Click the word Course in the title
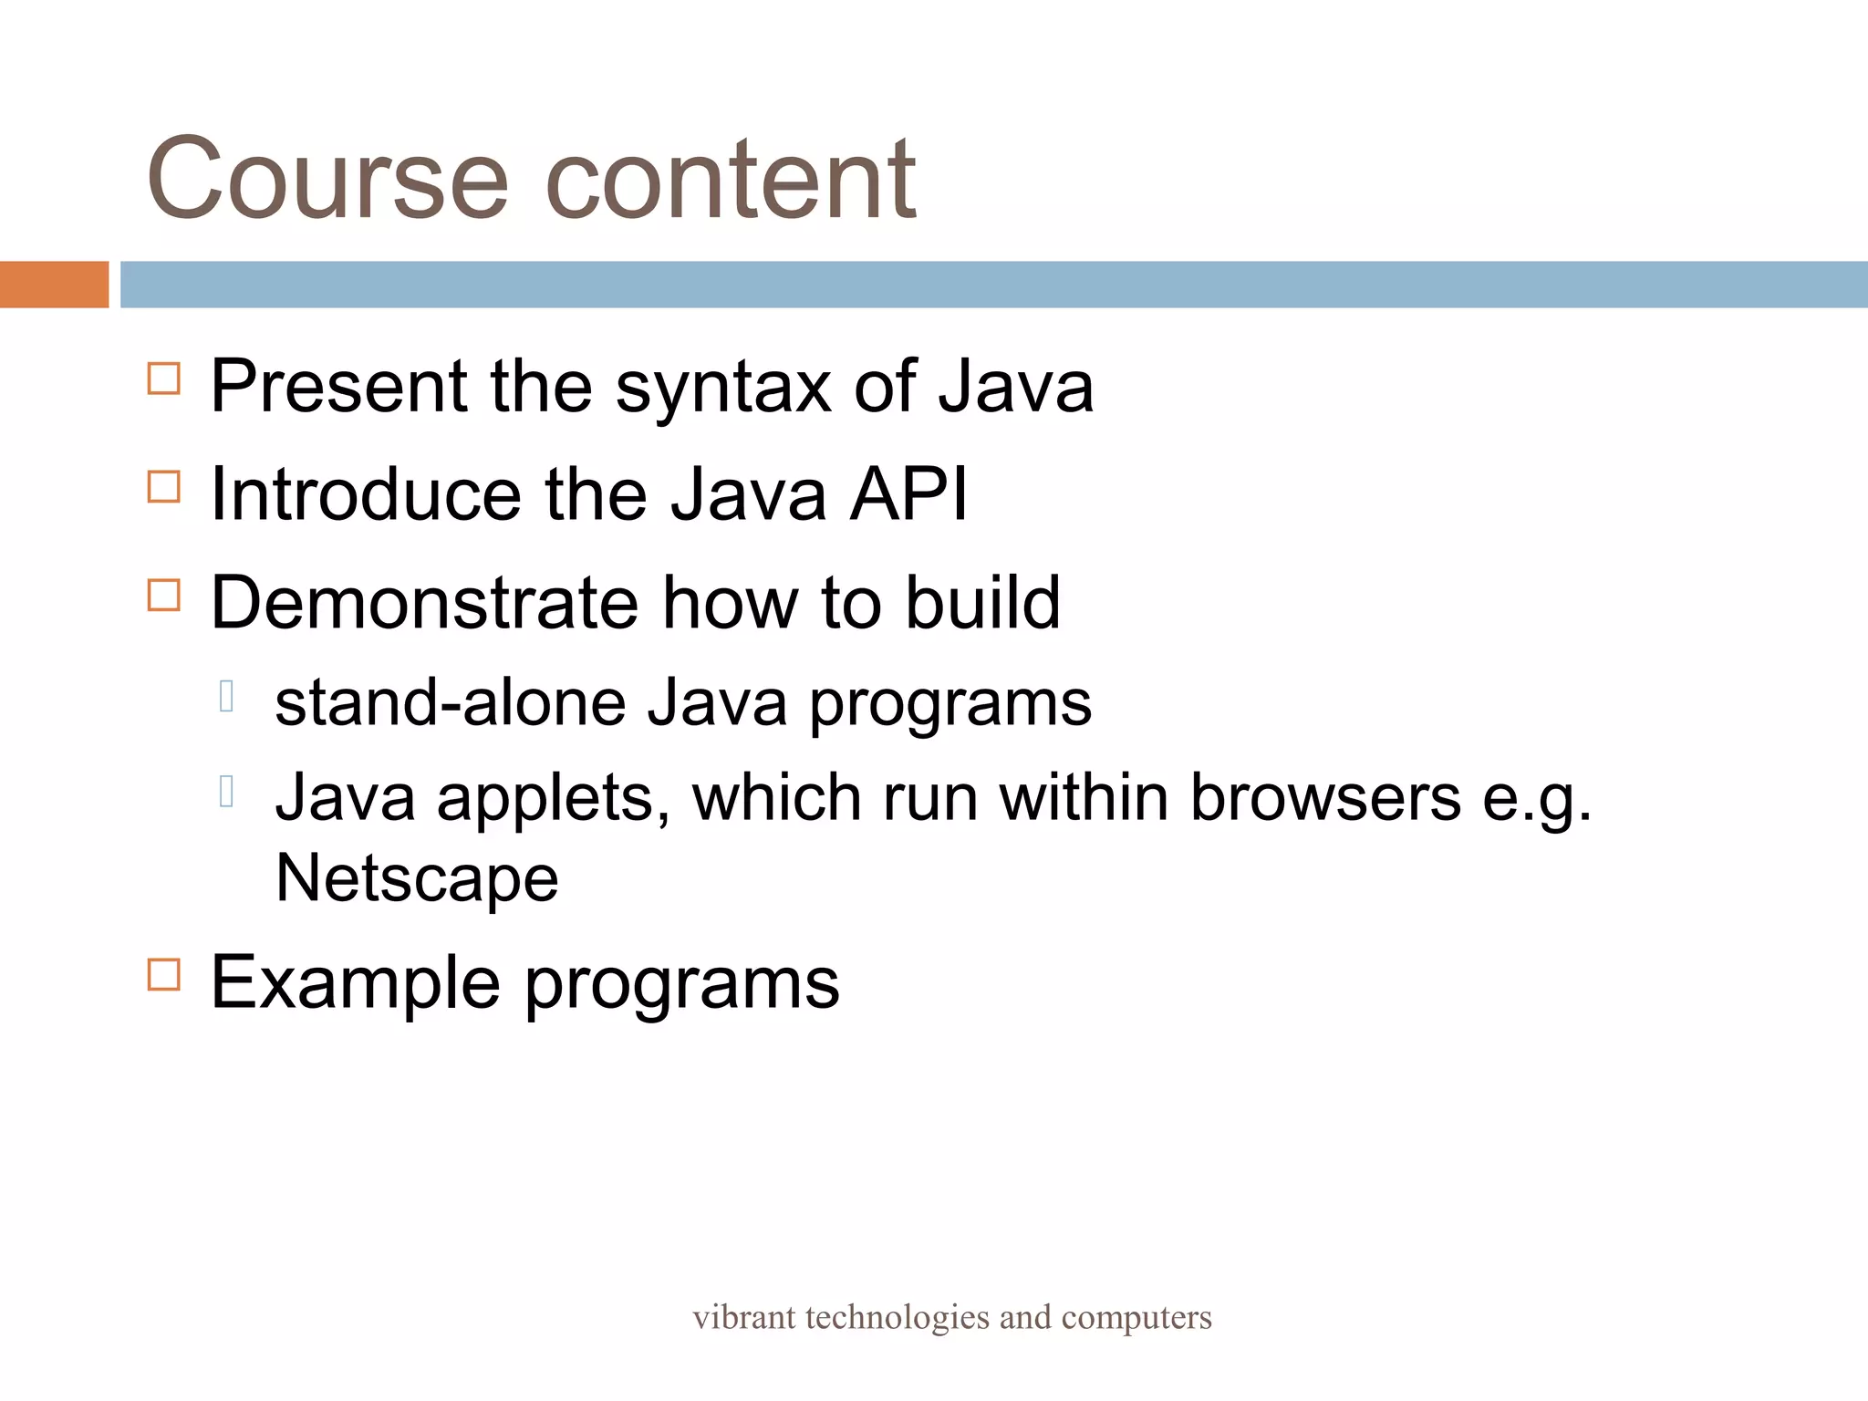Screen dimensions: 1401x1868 point(327,179)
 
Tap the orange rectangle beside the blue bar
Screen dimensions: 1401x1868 point(54,285)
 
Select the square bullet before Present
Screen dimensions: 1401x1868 point(164,379)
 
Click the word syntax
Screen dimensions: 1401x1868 point(722,388)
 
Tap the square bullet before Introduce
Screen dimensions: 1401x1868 point(164,487)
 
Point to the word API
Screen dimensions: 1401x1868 point(908,494)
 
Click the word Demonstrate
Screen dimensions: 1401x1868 point(425,603)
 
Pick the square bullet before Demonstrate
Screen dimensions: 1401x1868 point(164,596)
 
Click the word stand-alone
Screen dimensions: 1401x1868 point(451,703)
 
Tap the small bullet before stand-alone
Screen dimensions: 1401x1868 point(227,697)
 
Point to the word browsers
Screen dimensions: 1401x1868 point(1325,797)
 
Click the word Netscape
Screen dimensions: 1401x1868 point(417,878)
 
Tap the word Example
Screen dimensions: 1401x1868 point(356,983)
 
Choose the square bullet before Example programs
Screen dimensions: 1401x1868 point(164,974)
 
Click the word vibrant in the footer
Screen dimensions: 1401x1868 point(744,1317)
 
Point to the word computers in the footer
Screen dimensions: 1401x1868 point(1136,1318)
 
